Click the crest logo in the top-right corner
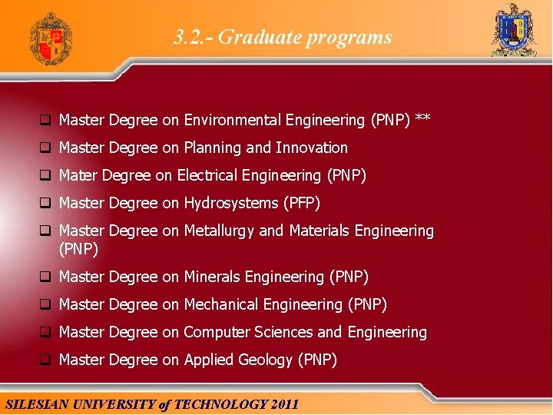click(x=514, y=31)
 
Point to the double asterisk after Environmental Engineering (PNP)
click(x=422, y=118)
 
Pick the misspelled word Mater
click(x=78, y=175)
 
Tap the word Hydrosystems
click(x=231, y=203)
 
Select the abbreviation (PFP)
click(x=302, y=203)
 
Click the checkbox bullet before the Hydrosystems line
click(x=46, y=204)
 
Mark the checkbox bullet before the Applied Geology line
click(x=46, y=360)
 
